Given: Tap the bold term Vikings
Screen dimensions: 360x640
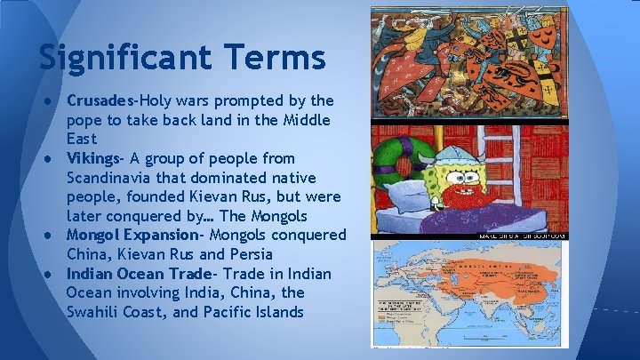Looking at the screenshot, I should [x=93, y=158].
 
